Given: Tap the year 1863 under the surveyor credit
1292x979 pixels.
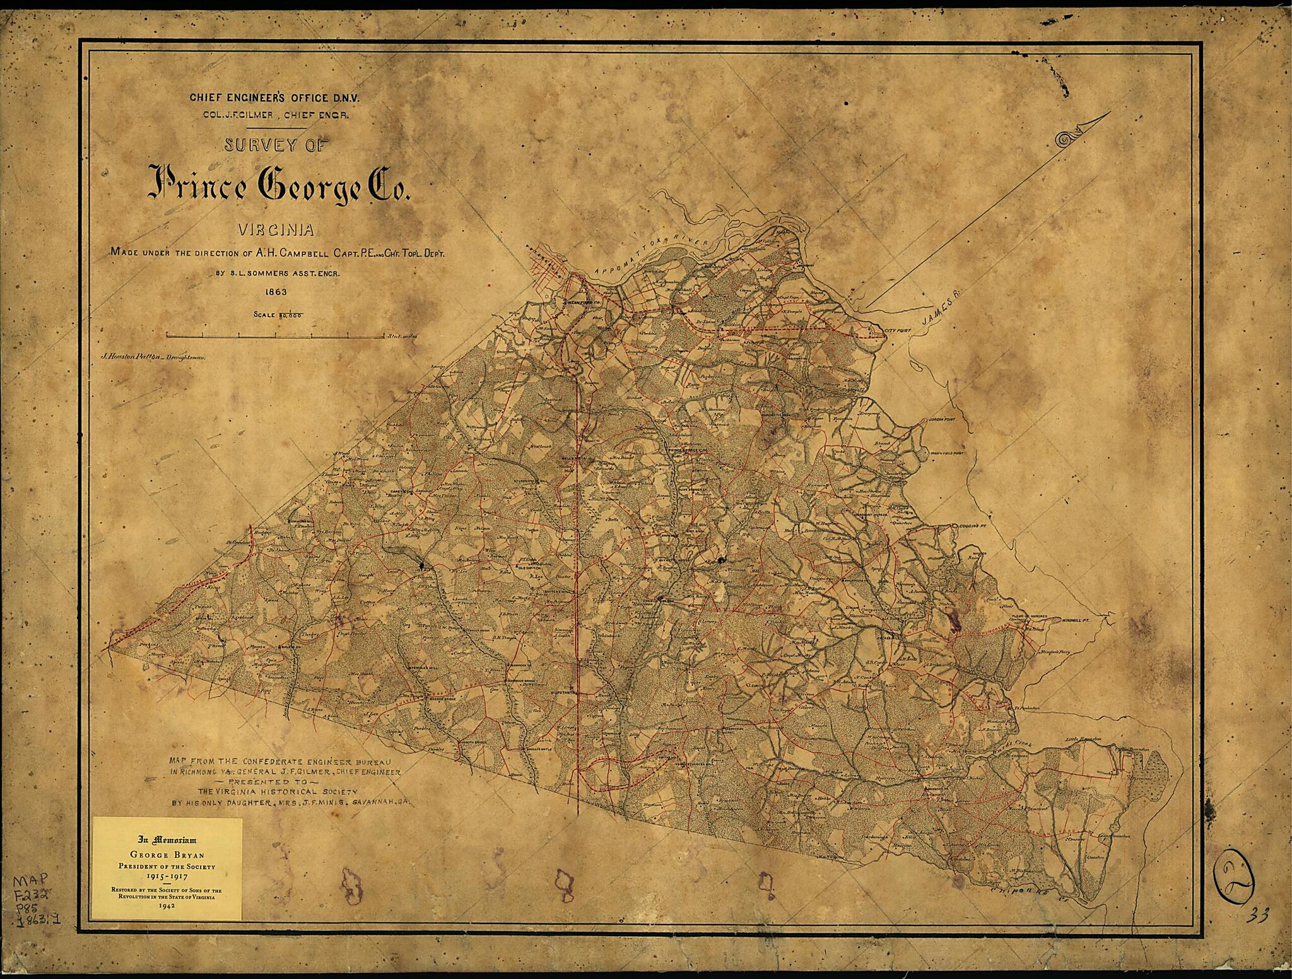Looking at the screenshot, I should [276, 292].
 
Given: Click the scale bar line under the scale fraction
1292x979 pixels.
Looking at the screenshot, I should [274, 336].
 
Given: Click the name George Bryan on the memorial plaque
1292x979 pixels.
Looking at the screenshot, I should [167, 856].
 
